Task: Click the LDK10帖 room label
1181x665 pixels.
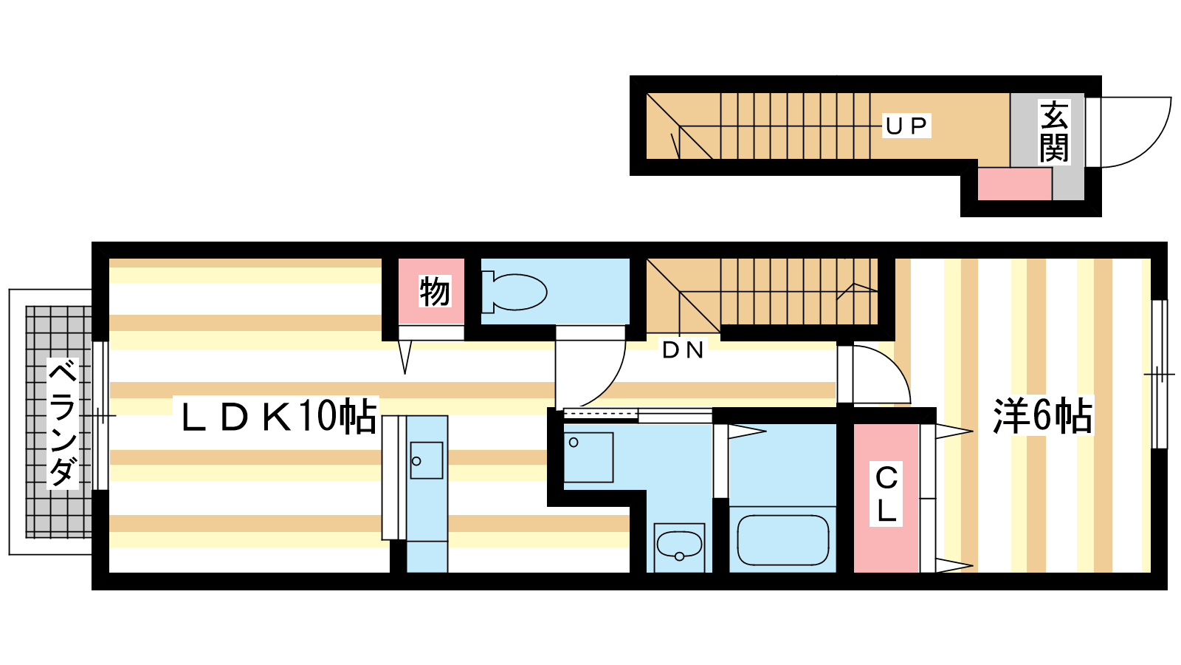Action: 279,416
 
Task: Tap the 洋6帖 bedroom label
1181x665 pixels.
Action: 1043,415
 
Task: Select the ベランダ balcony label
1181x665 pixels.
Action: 63,423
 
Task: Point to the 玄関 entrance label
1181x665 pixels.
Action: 1054,132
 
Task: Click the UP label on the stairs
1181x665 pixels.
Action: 906,126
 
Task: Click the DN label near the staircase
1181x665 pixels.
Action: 683,350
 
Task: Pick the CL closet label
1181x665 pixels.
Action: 886,494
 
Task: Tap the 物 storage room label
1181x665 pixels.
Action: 435,291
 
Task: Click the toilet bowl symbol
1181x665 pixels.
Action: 514,292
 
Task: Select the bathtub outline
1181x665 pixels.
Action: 782,540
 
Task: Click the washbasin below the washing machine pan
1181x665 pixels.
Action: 679,548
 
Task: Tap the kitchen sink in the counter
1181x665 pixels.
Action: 427,460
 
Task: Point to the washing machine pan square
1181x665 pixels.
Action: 588,457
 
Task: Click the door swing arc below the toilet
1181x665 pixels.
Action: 612,383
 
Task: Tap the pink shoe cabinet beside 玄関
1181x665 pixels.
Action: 1015,184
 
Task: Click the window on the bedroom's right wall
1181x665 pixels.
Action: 1159,374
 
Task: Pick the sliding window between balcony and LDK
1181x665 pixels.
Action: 100,416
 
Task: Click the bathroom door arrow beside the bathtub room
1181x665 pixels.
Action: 746,432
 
